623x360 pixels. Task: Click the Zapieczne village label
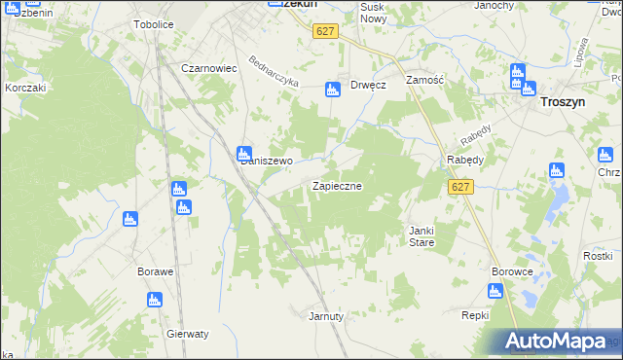[337, 185]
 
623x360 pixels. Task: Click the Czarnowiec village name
[210, 68]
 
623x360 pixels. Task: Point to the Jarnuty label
[326, 316]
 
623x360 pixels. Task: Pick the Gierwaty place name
[188, 334]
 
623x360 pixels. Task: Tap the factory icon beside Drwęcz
[332, 89]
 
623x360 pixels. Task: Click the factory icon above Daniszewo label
[244, 153]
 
